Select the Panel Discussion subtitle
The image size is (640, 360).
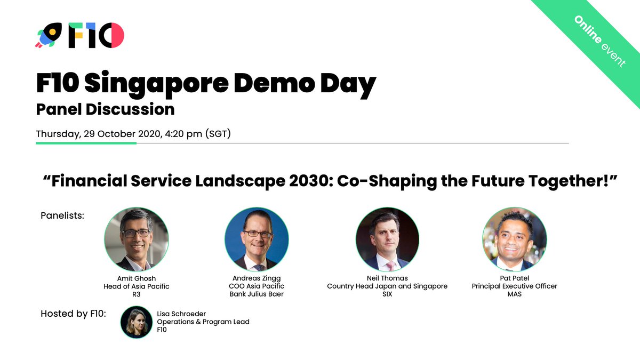tap(105, 109)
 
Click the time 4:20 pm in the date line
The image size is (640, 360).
tap(184, 134)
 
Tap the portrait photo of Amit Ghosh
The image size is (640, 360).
tap(137, 239)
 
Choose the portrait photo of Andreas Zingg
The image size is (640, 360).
tap(257, 239)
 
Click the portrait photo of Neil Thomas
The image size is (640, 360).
tap(387, 239)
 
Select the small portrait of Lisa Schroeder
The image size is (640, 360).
tap(137, 322)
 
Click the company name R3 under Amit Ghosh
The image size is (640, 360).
tap(137, 294)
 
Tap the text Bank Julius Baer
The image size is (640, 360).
tap(257, 294)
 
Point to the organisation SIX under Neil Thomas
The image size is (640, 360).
tap(387, 294)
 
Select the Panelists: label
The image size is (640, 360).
tap(62, 215)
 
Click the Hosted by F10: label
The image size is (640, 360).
tap(74, 313)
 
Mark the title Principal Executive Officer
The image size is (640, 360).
tap(515, 286)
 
